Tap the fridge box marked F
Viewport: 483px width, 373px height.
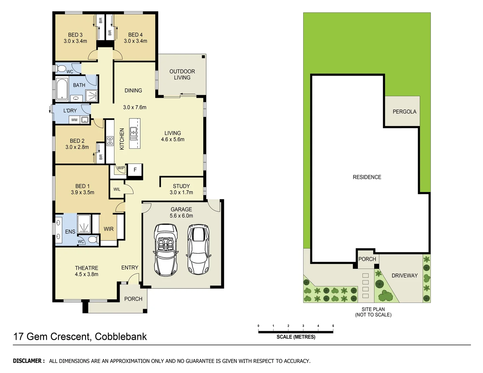tap(135, 170)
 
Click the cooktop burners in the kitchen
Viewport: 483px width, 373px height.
tap(110, 141)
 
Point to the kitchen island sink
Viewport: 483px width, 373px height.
tap(133, 132)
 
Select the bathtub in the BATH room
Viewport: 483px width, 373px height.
tap(62, 89)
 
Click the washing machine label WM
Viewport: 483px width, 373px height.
tap(74, 120)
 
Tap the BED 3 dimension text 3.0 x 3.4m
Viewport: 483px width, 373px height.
tap(75, 41)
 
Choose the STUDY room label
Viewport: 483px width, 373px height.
tap(181, 186)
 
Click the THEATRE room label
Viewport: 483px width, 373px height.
tap(86, 268)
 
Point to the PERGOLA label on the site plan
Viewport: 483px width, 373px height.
tap(404, 112)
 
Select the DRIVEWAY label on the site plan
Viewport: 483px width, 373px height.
tap(404, 276)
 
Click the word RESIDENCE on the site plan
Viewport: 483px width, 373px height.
tap(367, 177)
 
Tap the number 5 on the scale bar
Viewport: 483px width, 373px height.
tap(333, 326)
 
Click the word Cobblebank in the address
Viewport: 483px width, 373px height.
tap(121, 336)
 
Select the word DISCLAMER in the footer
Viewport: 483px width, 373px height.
tap(29, 361)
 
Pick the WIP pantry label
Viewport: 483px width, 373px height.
tap(121, 168)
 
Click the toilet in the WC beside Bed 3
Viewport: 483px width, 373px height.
tap(61, 68)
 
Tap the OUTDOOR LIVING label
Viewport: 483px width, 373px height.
tap(182, 74)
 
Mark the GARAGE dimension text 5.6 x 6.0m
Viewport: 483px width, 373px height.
tap(181, 216)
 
